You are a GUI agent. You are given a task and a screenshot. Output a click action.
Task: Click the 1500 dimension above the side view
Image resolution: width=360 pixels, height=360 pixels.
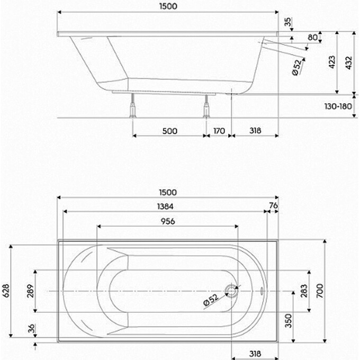click(x=167, y=6)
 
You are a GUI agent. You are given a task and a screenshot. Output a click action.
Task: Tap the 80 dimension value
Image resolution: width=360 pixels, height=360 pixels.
click(x=313, y=37)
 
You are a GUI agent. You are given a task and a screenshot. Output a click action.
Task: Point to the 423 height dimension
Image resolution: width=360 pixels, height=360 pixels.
click(x=331, y=63)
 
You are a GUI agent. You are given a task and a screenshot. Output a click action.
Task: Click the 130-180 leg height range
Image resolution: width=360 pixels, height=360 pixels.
click(x=338, y=106)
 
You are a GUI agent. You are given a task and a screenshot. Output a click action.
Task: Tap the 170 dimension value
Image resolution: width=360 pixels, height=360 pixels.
click(x=219, y=130)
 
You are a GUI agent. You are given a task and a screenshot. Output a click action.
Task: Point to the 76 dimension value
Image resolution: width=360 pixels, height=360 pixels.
click(x=273, y=206)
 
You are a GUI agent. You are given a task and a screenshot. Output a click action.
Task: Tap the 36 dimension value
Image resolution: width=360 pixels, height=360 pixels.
click(x=30, y=329)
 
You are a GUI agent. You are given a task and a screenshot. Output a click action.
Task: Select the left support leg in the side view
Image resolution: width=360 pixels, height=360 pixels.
click(x=132, y=109)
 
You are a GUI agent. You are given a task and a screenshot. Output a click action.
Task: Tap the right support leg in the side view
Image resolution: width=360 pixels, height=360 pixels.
click(x=205, y=109)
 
